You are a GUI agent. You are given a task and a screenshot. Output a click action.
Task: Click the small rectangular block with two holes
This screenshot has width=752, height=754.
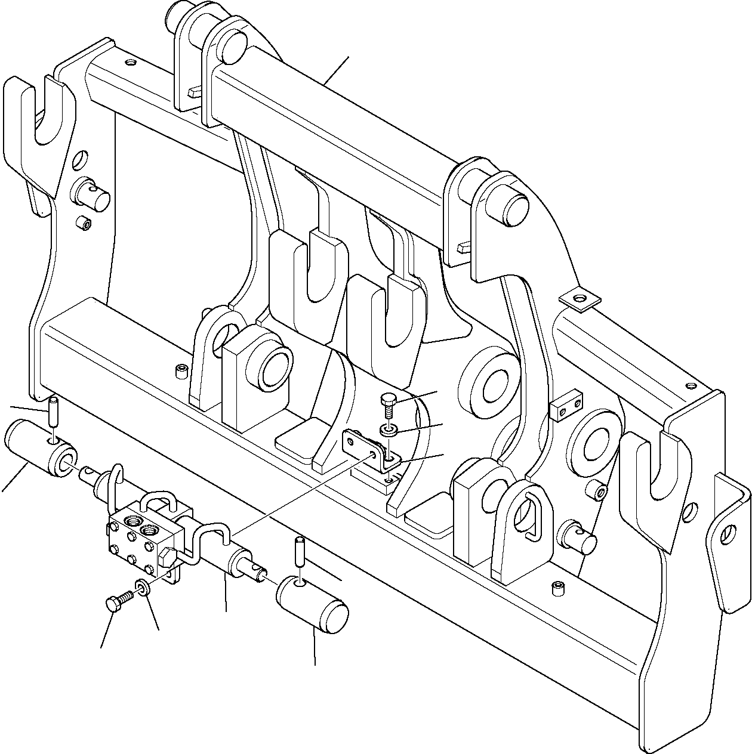click(564, 409)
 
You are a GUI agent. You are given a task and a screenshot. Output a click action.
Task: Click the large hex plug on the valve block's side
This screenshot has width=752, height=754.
click(167, 557)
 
